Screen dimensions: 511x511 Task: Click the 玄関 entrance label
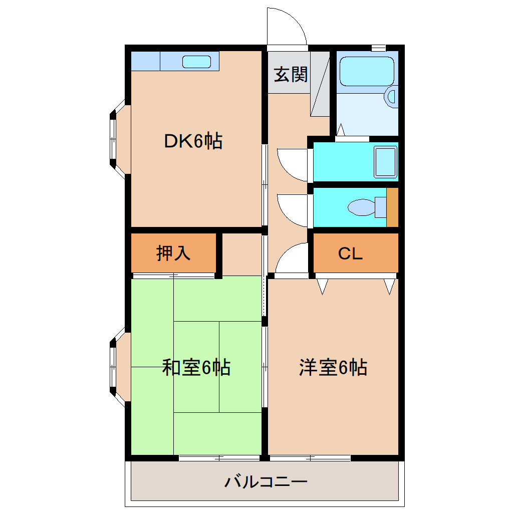tap(290, 75)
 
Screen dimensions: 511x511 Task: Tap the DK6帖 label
tap(193, 142)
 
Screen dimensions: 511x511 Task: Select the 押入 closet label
tap(173, 253)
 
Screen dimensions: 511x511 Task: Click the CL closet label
tap(350, 254)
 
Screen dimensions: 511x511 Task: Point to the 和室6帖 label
tap(196, 368)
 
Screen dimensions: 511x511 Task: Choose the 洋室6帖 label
tap(333, 368)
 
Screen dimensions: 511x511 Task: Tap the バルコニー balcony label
tap(265, 482)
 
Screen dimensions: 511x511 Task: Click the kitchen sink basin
tap(196, 62)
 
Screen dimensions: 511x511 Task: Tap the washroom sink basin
tap(385, 162)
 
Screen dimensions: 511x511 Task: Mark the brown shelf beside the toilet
tap(392, 207)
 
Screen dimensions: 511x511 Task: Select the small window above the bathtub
tap(378, 48)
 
